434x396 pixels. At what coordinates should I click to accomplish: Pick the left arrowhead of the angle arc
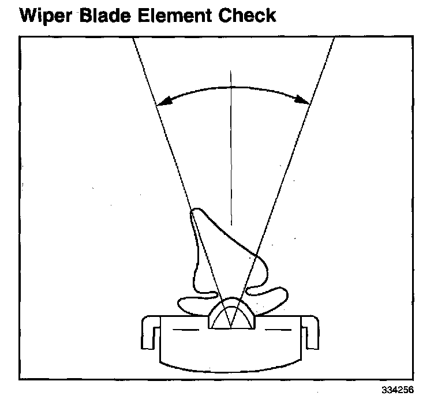coord(162,103)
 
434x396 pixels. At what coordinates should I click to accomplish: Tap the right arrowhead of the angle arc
coord(305,102)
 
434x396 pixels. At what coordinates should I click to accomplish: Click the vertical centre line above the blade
coord(231,144)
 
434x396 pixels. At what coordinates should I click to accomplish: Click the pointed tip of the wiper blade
coord(195,213)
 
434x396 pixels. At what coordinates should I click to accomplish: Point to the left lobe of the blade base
coord(193,302)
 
